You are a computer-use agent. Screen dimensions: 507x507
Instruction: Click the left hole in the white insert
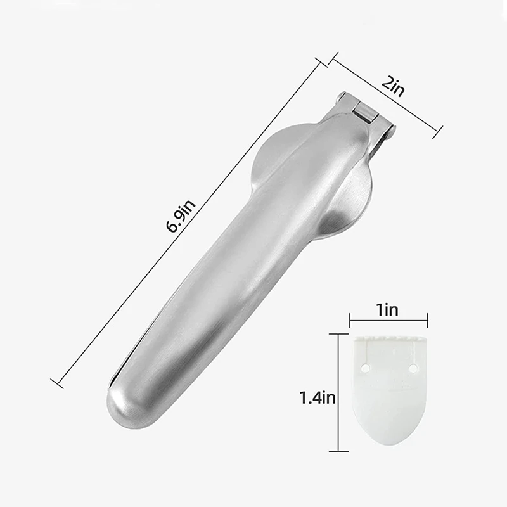pos(366,368)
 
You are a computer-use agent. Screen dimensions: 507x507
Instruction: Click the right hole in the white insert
pos(413,368)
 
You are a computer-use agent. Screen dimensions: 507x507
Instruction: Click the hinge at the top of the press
pos(365,112)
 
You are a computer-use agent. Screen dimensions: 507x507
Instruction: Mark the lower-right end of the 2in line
pos(436,131)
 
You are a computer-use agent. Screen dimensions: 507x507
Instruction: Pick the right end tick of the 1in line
pos(428,321)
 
